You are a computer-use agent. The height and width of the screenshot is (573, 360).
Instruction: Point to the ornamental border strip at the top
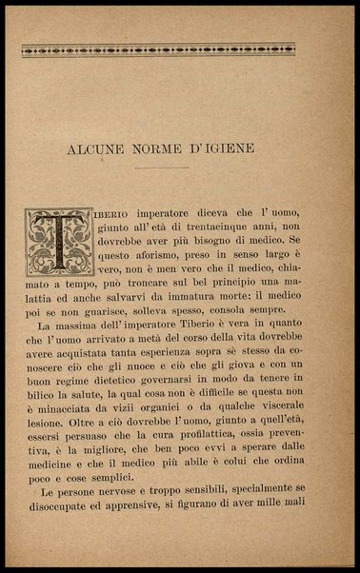tap(179, 49)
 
